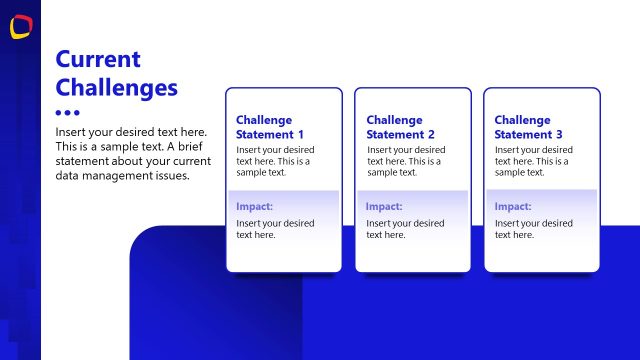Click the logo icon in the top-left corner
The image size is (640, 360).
pyautogui.click(x=20, y=27)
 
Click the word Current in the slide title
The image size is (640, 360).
pyautogui.click(x=98, y=59)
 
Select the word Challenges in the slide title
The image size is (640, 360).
pyautogui.click(x=116, y=88)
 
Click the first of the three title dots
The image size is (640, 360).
pyautogui.click(x=59, y=113)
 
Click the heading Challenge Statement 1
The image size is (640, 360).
pyautogui.click(x=270, y=127)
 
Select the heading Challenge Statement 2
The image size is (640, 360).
pyautogui.click(x=400, y=127)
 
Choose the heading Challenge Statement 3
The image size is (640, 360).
pyautogui.click(x=528, y=127)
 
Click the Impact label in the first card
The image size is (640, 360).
pyautogui.click(x=255, y=206)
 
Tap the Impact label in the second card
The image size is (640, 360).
pyautogui.click(x=384, y=206)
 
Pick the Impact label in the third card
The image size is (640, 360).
pyautogui.click(x=513, y=206)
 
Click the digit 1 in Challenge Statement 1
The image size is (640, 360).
pyautogui.click(x=301, y=134)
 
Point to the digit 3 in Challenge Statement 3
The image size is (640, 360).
pyautogui.click(x=560, y=134)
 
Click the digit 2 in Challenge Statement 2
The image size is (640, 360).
pyautogui.click(x=431, y=134)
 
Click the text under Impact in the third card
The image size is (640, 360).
pyautogui.click(x=533, y=229)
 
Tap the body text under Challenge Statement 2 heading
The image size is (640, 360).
pyautogui.click(x=404, y=161)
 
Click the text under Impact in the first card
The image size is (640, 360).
pyautogui.click(x=275, y=229)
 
